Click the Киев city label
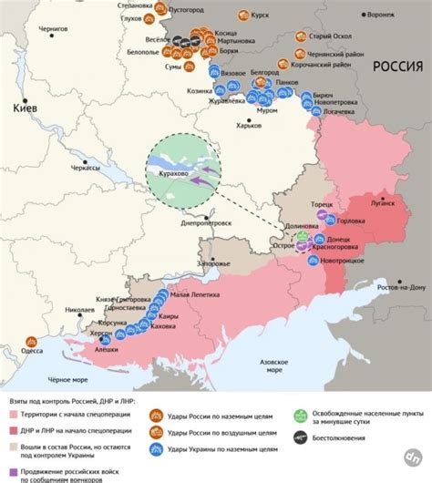pos(24,108)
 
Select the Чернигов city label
pos(51,30)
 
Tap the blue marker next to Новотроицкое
pos(313,260)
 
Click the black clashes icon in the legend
pos(302,437)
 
